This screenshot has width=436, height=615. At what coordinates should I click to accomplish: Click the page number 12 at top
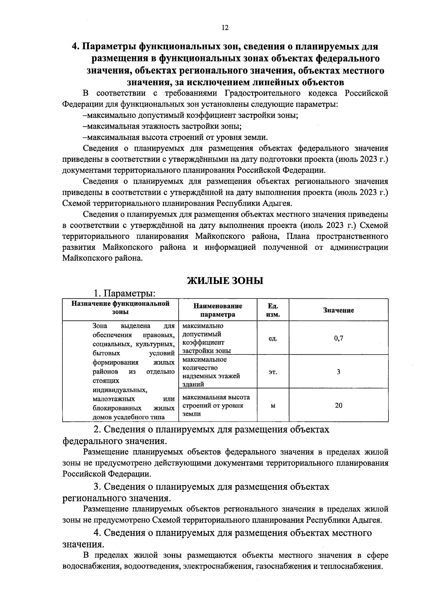pos(225,28)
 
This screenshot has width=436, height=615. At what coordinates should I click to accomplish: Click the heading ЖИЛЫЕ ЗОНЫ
pos(225,281)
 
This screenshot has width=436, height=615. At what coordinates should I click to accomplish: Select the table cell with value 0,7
pos(338,338)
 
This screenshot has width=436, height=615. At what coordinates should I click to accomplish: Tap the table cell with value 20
pos(338,405)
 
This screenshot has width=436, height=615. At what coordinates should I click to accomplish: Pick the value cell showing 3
pos(338,372)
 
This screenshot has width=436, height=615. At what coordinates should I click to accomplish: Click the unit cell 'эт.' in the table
pos(272,372)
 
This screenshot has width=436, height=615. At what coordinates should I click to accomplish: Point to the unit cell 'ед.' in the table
pos(272,339)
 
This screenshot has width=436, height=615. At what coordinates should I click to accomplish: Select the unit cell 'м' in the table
pos(272,406)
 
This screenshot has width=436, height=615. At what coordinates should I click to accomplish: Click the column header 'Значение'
pos(338,310)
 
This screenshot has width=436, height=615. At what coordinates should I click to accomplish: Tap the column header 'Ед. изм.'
pos(272,310)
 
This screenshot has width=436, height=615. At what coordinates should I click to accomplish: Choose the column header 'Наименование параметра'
pos(218,310)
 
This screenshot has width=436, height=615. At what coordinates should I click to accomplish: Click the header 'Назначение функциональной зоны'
pos(120,307)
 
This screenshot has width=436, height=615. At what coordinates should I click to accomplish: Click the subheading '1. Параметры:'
pos(125,293)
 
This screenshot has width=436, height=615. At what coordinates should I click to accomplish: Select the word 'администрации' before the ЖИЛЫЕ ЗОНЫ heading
pos(359,248)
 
